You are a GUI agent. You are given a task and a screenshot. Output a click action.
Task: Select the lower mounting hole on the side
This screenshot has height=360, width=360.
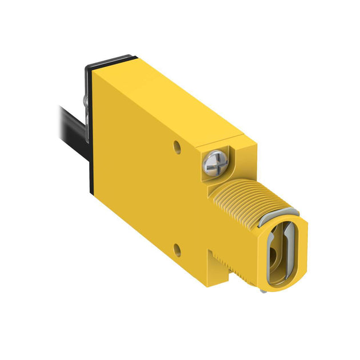(178, 248)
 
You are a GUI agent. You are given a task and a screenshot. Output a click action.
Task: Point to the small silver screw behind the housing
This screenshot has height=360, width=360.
(85, 101)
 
